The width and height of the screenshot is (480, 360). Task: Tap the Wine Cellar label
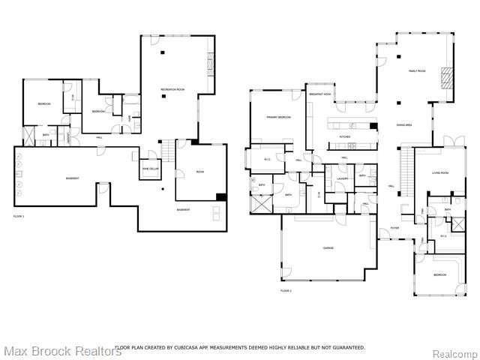click(x=151, y=169)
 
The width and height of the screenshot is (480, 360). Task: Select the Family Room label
click(x=416, y=70)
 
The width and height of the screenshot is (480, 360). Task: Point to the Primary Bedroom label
click(x=276, y=118)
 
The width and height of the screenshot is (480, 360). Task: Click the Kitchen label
click(x=345, y=137)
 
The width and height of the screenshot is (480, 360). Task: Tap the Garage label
click(x=328, y=248)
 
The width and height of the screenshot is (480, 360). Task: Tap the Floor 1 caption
click(x=19, y=217)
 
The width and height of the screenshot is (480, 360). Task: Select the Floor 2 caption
click(x=286, y=290)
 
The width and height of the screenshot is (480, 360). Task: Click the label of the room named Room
click(x=200, y=172)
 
